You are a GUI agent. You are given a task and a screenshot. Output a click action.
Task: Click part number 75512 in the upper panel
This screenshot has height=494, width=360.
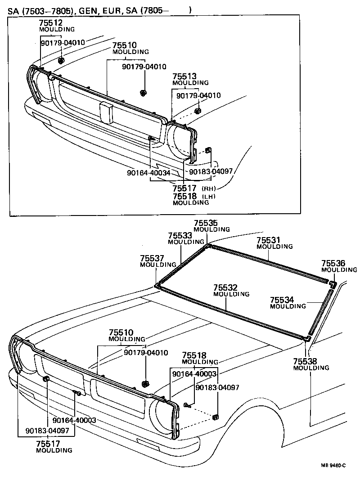point(50,23)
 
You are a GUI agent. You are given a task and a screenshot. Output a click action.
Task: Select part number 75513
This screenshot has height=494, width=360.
point(184,76)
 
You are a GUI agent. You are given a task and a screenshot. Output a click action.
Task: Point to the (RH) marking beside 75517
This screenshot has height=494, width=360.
point(209,188)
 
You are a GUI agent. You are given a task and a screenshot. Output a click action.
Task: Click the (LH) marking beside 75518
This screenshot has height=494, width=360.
point(209,197)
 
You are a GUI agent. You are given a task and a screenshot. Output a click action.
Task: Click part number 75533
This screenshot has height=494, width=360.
point(180,235)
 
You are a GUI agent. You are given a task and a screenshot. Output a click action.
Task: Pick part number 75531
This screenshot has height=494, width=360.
point(269,240)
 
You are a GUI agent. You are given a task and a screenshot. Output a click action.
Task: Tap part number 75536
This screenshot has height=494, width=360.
point(333,263)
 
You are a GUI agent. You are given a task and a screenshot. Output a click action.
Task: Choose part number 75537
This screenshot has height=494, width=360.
point(152,258)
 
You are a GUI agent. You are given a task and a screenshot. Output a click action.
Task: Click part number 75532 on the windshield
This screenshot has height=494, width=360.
point(225,287)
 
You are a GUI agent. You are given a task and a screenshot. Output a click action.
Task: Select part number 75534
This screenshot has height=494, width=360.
point(282,300)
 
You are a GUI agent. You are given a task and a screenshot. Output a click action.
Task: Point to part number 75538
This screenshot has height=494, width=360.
point(305,361)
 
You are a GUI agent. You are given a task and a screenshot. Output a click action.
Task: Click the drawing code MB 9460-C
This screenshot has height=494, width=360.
point(333,465)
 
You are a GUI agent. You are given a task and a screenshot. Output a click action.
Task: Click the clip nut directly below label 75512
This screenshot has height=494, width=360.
point(60,60)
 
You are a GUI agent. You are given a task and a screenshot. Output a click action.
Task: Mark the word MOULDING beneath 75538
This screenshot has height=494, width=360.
point(311,368)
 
